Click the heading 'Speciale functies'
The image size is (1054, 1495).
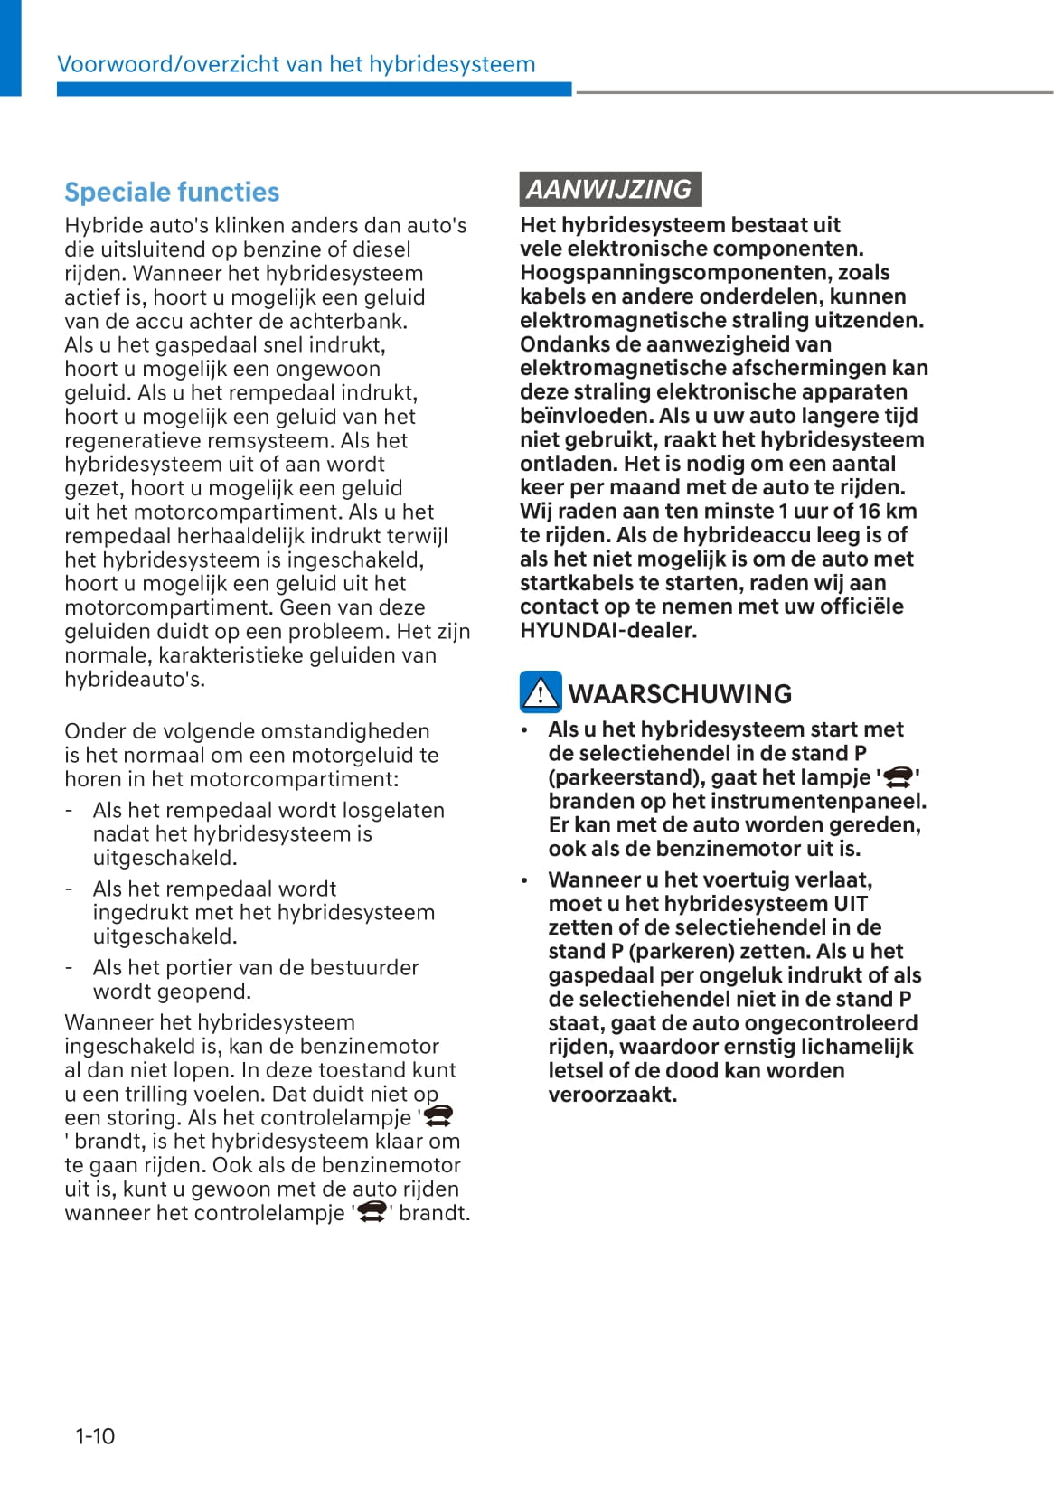172,193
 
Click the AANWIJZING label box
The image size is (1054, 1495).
610,189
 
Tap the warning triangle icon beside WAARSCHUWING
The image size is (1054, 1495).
541,692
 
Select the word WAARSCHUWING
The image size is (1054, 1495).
680,694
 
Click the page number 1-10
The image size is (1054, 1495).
95,1435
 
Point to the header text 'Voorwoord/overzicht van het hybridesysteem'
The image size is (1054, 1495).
296,64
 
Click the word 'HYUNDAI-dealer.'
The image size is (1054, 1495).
608,631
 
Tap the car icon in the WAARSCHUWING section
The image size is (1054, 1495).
898,777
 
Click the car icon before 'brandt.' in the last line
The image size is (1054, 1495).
372,1212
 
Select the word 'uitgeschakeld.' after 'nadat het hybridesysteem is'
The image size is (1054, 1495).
165,858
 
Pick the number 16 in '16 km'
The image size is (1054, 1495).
870,512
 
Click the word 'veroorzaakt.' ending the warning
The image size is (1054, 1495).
612,1095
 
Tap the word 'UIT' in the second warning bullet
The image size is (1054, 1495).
850,904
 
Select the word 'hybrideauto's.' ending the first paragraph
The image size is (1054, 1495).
135,679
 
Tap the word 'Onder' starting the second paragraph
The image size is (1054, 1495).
93,731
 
